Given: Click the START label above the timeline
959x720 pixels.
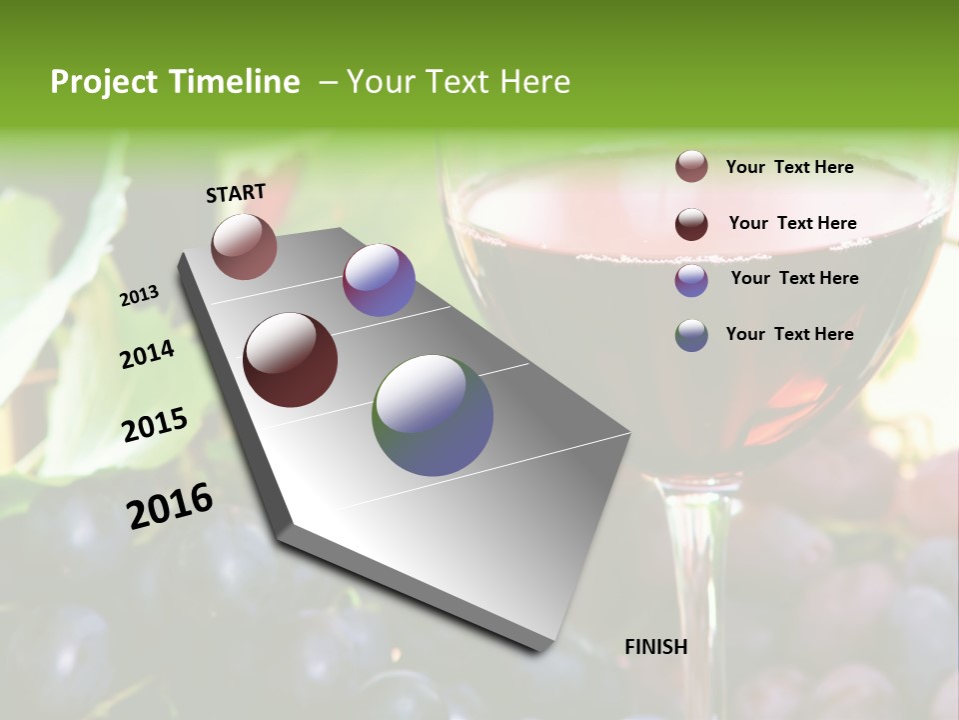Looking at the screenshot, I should [236, 193].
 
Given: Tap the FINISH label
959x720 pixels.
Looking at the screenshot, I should [655, 647].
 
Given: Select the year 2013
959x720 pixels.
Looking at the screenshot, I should [140, 296].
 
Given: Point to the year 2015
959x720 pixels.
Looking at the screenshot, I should [155, 424].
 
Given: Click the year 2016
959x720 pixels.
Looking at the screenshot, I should [170, 504].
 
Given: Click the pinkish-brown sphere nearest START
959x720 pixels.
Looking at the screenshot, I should [244, 246].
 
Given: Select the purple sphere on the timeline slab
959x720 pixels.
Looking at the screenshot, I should [379, 280].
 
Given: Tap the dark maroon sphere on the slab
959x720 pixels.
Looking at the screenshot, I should [291, 360].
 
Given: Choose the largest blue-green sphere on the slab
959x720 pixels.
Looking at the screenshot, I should [433, 415].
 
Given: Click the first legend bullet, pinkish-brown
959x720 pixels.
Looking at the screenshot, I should [691, 167].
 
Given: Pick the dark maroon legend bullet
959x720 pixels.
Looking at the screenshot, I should [691, 224].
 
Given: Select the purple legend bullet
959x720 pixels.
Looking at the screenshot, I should [691, 280].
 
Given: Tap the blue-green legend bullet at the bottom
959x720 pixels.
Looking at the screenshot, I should [691, 335].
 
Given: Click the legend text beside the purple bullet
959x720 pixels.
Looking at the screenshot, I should [794, 278].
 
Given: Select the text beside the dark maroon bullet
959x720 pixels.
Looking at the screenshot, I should [792, 223].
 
